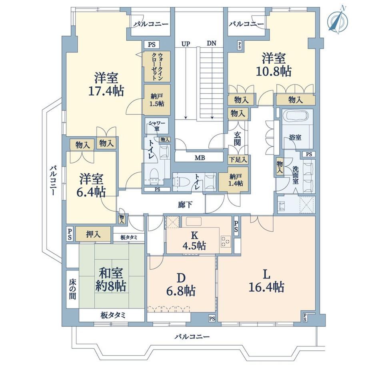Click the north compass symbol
click(x=338, y=20)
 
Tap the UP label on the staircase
click(x=186, y=44)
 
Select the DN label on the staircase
click(x=212, y=43)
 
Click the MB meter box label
click(x=200, y=158)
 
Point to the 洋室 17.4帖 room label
click(x=106, y=84)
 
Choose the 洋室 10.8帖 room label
click(x=274, y=64)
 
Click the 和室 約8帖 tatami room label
click(x=110, y=280)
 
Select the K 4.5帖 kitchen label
click(x=194, y=240)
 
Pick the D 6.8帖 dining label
click(x=181, y=285)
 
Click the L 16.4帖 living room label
click(x=266, y=280)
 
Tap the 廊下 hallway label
click(x=185, y=205)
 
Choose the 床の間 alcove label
click(x=72, y=289)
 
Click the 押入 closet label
click(x=93, y=234)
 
